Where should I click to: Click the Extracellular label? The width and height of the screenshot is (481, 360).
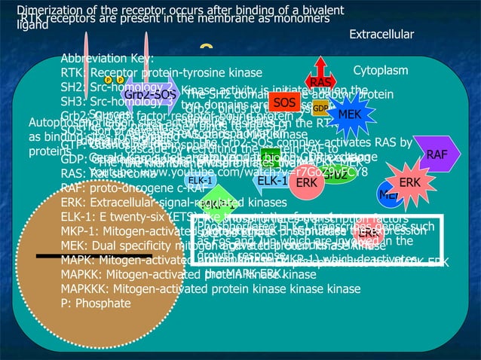[381, 35]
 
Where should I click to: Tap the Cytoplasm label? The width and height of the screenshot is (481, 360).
[380, 71]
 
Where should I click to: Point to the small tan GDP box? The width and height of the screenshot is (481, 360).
[320, 108]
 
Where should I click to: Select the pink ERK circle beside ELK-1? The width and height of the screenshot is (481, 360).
[305, 183]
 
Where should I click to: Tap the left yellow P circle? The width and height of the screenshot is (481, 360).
[109, 80]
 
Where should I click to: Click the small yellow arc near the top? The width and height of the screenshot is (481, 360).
[206, 47]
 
